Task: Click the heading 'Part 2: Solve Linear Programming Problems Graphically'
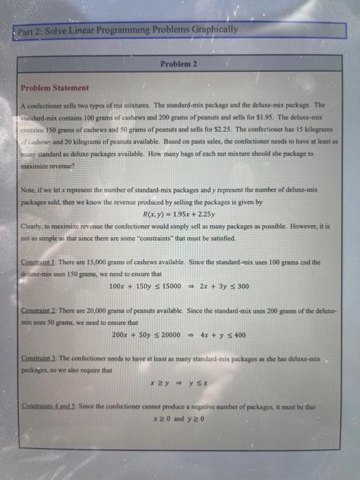(x=129, y=29)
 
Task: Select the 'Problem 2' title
(x=179, y=63)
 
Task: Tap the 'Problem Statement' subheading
(x=54, y=88)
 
